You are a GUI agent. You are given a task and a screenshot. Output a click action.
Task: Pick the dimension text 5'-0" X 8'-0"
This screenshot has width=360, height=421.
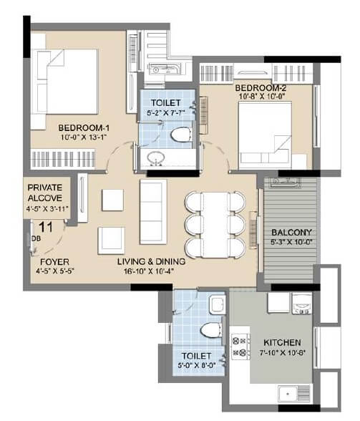pyautogui.click(x=196, y=365)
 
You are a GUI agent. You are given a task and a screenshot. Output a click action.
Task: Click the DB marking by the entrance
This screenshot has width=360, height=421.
pyautogui.click(x=36, y=240)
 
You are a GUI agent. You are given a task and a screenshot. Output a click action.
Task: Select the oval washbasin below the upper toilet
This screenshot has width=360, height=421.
pyautogui.click(x=154, y=158)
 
